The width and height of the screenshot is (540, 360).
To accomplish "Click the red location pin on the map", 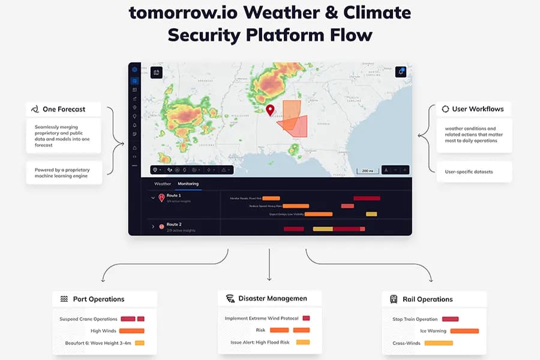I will coord(270,110).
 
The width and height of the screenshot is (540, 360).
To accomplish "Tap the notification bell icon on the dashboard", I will coord(401,72).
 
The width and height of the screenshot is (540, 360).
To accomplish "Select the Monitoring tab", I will coord(188,184).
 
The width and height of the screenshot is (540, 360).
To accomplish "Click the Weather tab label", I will coord(163,184).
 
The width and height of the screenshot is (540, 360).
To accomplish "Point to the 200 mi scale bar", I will coord(367,170).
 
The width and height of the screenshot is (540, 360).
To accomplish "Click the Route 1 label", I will coord(175,196).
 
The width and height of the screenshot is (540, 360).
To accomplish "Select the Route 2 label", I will coord(175,224).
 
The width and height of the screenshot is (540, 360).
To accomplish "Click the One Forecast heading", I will coord(64,109).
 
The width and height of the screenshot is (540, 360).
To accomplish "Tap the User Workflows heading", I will coord(477,109).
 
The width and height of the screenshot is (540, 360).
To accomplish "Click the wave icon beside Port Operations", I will coord(64,299).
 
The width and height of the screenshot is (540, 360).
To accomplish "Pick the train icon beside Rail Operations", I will coord(394,299).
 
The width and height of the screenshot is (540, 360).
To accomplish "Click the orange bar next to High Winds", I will coord(131,331).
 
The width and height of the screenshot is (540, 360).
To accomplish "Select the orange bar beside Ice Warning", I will coord(464,331).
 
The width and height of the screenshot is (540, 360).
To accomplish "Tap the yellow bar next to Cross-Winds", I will coord(438,343).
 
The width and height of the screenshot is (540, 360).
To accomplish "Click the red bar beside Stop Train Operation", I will coord(450,319).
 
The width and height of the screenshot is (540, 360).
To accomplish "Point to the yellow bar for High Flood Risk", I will coord(303,342).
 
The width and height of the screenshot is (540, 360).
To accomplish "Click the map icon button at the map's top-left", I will coord(157,72).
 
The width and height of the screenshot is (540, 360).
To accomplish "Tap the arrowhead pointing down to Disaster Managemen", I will coord(269,278).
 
